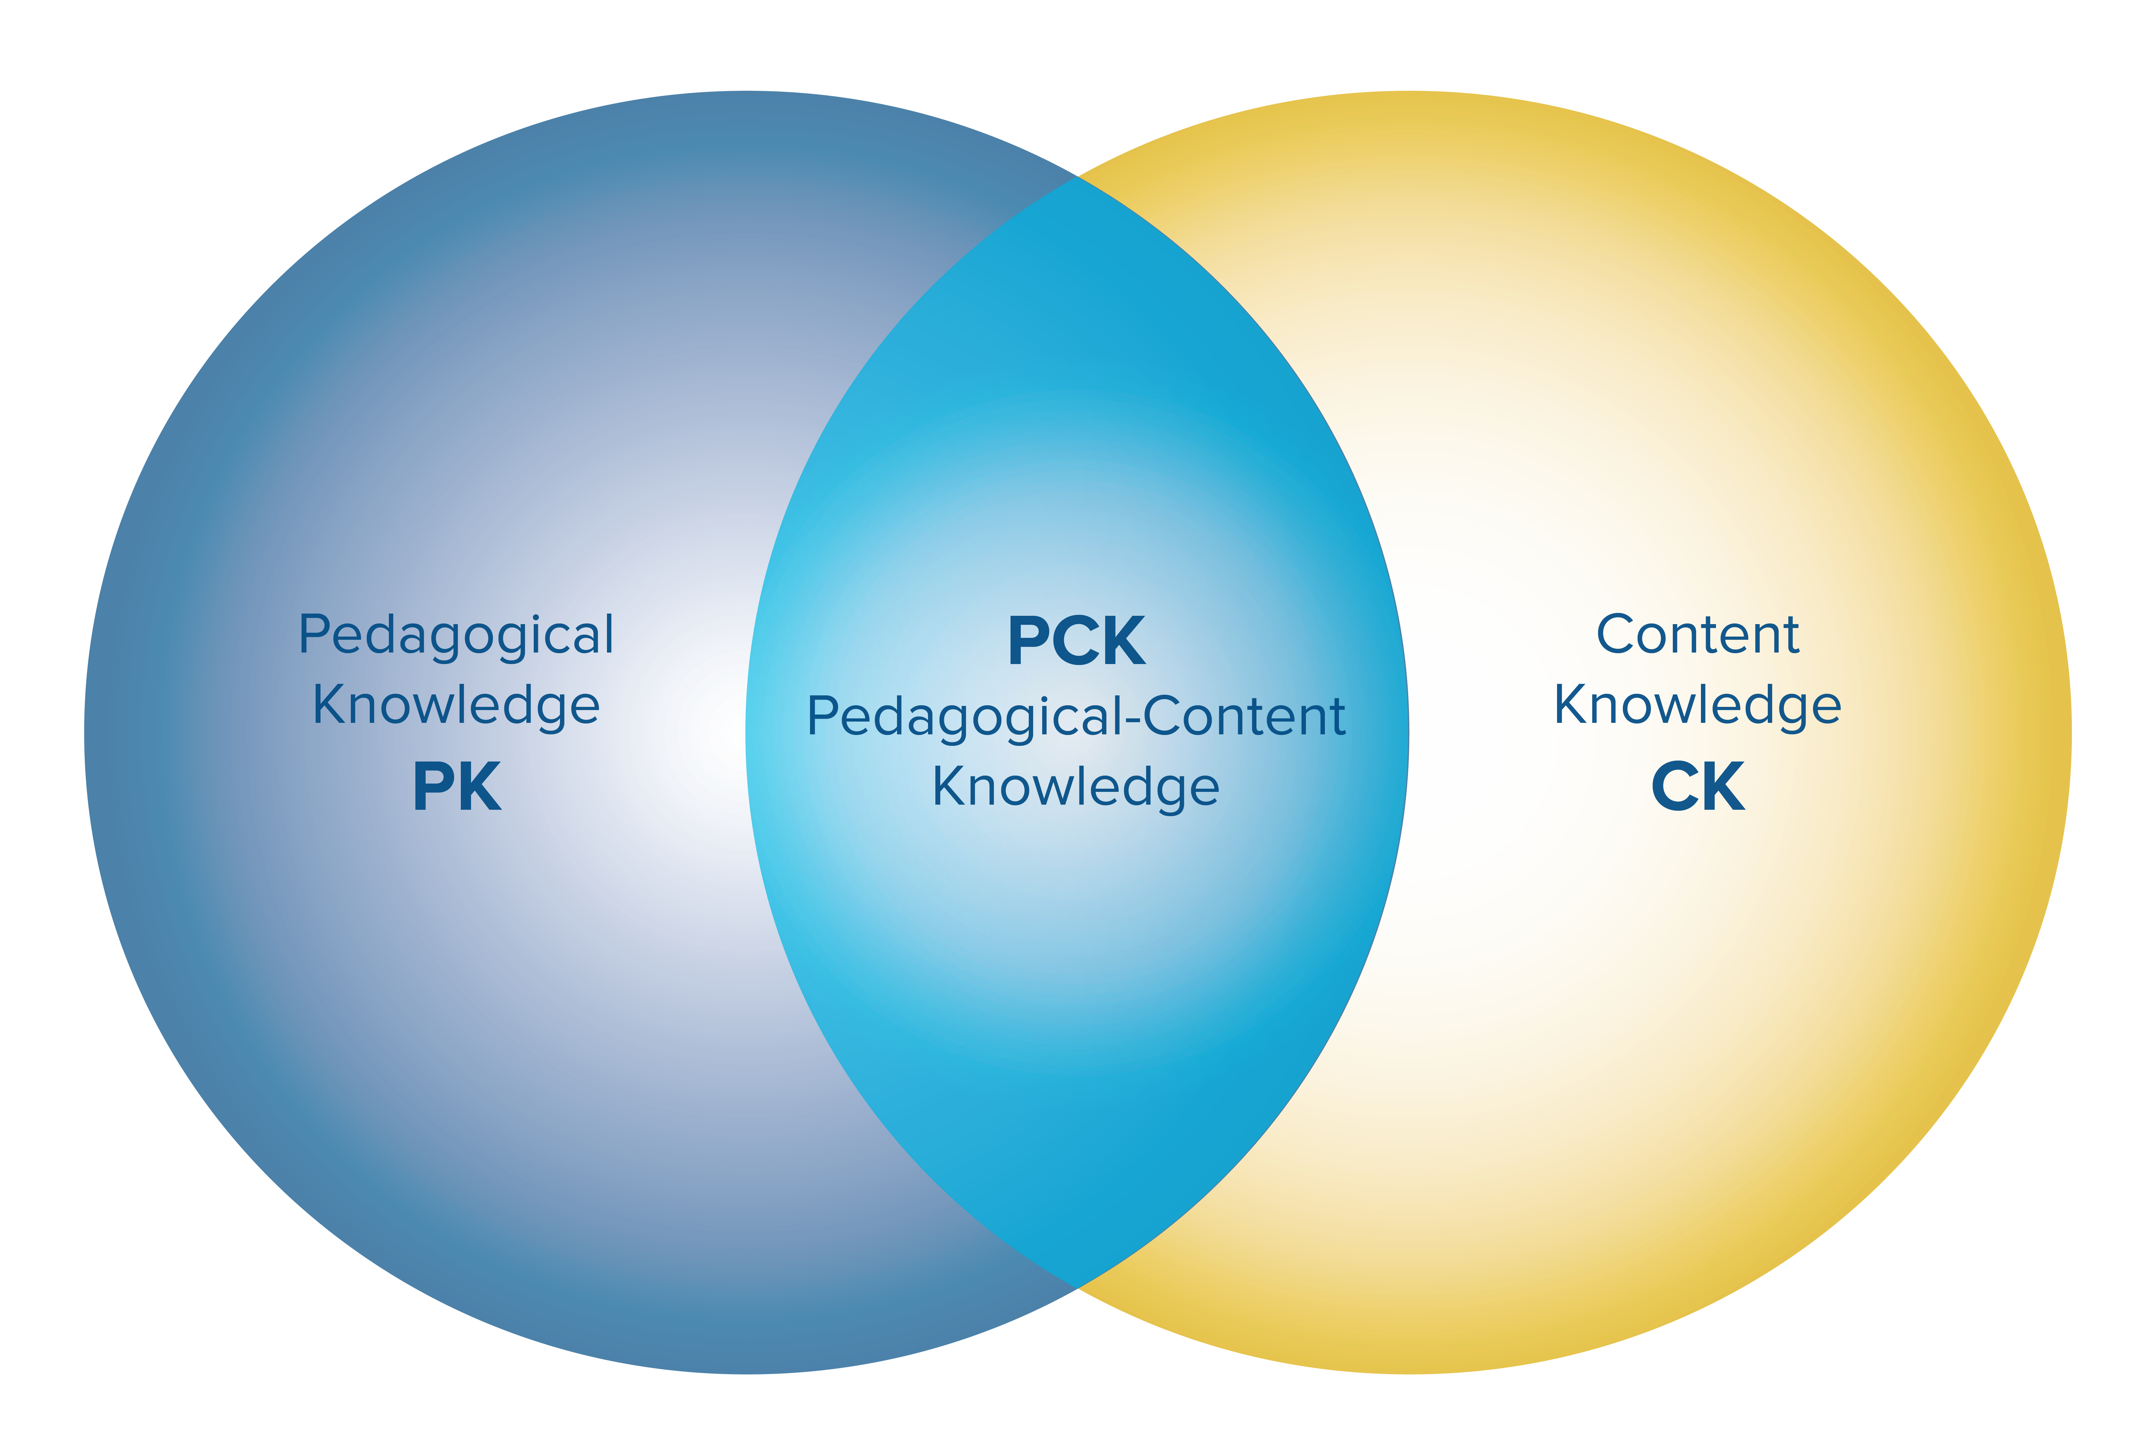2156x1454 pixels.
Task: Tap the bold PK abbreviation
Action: click(x=456, y=786)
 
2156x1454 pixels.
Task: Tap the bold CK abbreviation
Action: click(x=1698, y=786)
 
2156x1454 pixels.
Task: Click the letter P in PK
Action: click(x=432, y=786)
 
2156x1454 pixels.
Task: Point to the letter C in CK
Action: click(x=1674, y=786)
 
